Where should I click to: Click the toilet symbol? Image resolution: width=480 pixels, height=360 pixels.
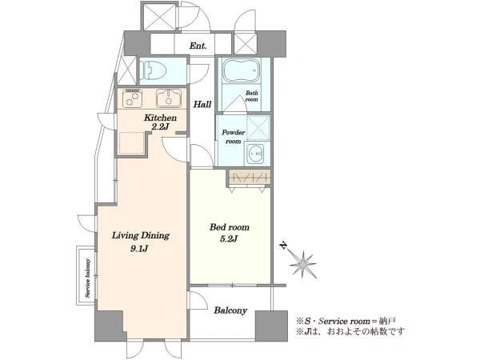tap(153, 70)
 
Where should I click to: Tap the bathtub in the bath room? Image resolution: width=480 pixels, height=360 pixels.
tap(242, 70)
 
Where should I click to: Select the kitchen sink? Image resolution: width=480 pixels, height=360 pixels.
tap(169, 98)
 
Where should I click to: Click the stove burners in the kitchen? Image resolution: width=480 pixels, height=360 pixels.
tap(132, 98)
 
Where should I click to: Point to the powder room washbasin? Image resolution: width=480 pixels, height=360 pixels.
tap(258, 154)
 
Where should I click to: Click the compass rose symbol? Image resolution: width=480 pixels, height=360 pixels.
tap(302, 264)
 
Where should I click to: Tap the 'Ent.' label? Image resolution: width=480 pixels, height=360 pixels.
tap(198, 46)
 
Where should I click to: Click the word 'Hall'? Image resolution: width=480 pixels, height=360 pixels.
tap(202, 104)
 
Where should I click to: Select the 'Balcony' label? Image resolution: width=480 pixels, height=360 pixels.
tap(230, 310)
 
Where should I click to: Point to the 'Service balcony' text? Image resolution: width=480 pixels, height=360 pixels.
tap(88, 278)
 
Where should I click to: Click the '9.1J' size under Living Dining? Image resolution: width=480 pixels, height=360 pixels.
tap(139, 249)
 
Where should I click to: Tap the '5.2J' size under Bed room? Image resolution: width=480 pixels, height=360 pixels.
tap(229, 239)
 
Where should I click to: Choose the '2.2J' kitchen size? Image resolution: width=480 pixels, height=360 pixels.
tap(160, 126)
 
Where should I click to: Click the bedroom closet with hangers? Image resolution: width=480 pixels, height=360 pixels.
tap(250, 178)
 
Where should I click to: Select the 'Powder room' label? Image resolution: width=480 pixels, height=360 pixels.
tap(234, 137)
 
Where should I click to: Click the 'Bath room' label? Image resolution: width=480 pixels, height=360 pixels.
tap(252, 97)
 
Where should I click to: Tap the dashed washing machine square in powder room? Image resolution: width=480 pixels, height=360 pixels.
tap(258, 127)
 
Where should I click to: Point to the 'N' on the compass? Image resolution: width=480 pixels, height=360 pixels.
tap(284, 246)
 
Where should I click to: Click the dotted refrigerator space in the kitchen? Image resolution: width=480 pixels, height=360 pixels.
tap(132, 143)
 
